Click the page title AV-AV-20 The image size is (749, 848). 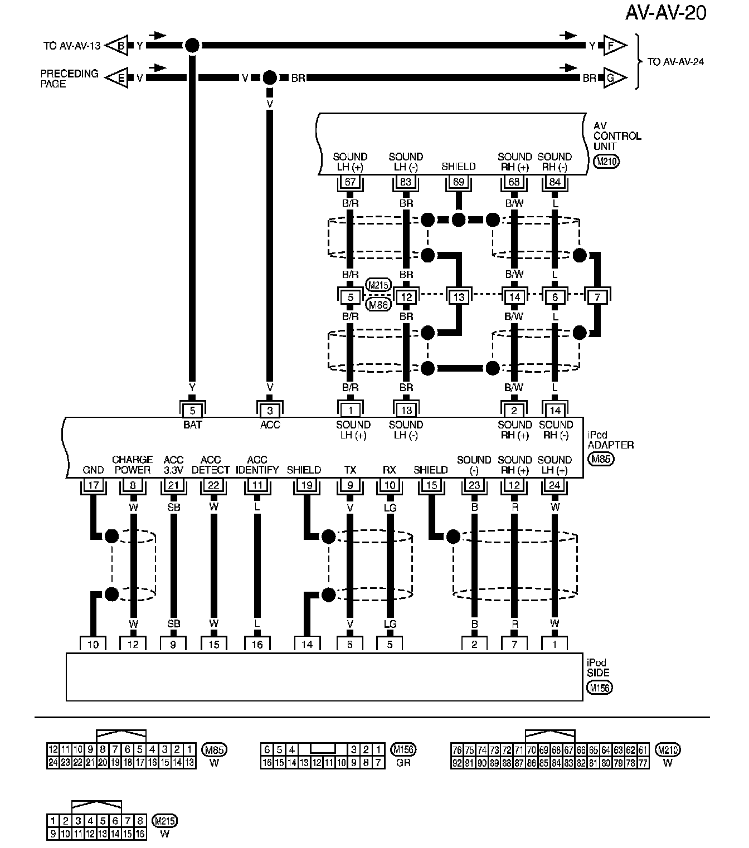click(x=665, y=13)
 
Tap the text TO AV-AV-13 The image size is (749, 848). click(x=72, y=46)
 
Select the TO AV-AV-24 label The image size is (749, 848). click(x=675, y=62)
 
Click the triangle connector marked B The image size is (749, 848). click(x=119, y=46)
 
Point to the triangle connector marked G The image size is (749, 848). click(x=612, y=78)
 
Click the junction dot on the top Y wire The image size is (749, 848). click(x=192, y=46)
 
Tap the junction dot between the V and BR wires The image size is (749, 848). click(x=270, y=77)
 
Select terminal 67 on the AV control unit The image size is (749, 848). click(x=350, y=182)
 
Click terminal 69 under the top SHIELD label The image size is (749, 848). click(x=458, y=182)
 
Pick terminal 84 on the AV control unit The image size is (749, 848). click(x=555, y=182)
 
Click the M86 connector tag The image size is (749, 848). click(x=378, y=305)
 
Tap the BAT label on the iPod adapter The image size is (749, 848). click(x=192, y=425)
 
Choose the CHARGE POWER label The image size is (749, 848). click(x=133, y=465)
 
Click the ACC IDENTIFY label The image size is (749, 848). click(x=257, y=465)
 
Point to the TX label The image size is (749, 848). click(x=350, y=470)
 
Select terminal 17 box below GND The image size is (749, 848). click(x=93, y=485)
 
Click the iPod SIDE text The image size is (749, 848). click(x=598, y=667)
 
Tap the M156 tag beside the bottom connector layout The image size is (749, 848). click(x=403, y=749)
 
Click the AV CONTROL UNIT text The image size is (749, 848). click(x=617, y=136)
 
